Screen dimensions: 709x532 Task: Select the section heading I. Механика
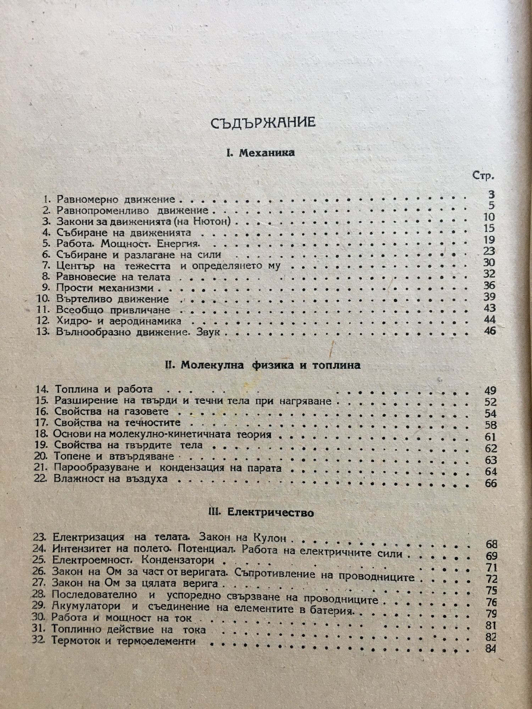(260, 153)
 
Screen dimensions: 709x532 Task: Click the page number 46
(489, 331)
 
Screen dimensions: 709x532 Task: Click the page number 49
(490, 391)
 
